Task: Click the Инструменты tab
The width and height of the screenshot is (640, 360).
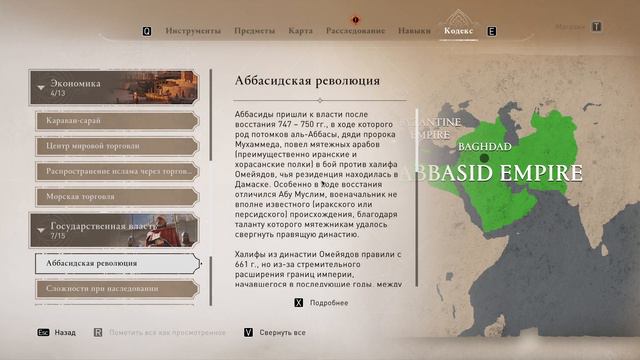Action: coord(193,31)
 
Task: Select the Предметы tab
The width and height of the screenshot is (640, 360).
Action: coord(254,31)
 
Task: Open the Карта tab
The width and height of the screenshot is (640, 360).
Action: coord(300,31)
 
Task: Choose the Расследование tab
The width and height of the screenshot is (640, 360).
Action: coord(355,31)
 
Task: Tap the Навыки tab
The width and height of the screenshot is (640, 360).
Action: coord(414,31)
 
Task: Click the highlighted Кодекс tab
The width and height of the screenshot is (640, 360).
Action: coord(460,31)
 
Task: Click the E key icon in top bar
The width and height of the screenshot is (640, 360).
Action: coord(491,31)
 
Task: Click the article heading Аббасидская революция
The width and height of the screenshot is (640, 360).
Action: coord(306,80)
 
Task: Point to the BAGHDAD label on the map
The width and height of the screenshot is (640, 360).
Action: coord(484,146)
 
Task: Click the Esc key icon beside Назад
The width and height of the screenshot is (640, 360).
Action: coord(43,332)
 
